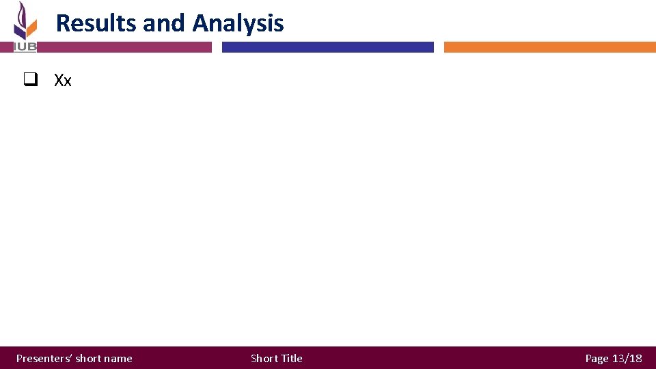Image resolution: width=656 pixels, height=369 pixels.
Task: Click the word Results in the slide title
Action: tap(96, 23)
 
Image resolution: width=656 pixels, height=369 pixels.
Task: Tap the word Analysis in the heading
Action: tap(238, 23)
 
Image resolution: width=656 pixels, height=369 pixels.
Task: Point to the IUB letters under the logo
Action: tap(25, 46)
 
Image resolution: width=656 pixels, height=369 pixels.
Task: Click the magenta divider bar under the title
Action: tap(123, 47)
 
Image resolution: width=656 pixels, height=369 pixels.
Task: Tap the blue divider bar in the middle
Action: tap(327, 47)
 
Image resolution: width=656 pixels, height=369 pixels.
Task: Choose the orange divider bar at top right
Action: tap(549, 47)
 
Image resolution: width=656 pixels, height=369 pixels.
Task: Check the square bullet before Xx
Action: tap(29, 80)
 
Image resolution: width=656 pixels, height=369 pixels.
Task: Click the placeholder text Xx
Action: tap(63, 81)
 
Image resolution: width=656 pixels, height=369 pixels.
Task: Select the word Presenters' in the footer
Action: tap(44, 358)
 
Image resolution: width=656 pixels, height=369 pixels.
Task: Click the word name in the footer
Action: tap(118, 358)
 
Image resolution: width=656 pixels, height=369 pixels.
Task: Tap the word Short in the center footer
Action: tap(264, 358)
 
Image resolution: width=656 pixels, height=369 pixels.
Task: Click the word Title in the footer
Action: tap(292, 358)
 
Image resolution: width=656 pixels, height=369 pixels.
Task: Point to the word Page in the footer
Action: tap(597, 358)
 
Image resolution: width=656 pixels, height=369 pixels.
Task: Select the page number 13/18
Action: tap(627, 358)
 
